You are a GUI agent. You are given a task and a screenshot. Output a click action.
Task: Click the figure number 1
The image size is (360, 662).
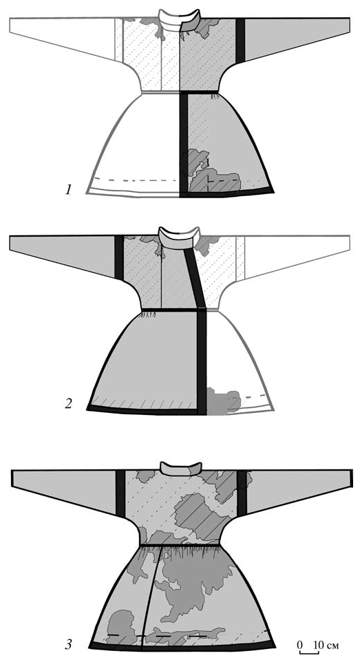tap(69, 190)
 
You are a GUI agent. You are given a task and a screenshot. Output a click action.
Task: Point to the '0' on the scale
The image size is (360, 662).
tap(299, 645)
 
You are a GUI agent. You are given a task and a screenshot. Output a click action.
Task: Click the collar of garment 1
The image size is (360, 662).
tap(179, 20)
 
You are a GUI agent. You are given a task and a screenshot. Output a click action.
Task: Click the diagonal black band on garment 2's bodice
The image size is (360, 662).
tap(195, 278)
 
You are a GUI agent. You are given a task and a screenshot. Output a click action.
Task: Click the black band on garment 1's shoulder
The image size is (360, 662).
tap(240, 41)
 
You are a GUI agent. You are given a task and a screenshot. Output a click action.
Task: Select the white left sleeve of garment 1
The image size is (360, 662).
tap(63, 37)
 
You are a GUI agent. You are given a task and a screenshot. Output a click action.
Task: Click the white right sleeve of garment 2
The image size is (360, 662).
tap(296, 256)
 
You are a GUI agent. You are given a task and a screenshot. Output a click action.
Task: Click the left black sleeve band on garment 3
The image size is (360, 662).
tap(120, 493)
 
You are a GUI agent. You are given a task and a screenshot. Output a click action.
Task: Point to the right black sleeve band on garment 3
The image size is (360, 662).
tap(242, 493)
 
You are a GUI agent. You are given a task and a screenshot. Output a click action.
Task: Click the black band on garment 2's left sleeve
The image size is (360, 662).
tap(119, 258)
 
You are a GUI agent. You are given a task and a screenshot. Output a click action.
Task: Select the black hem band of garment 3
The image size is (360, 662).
tap(182, 646)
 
